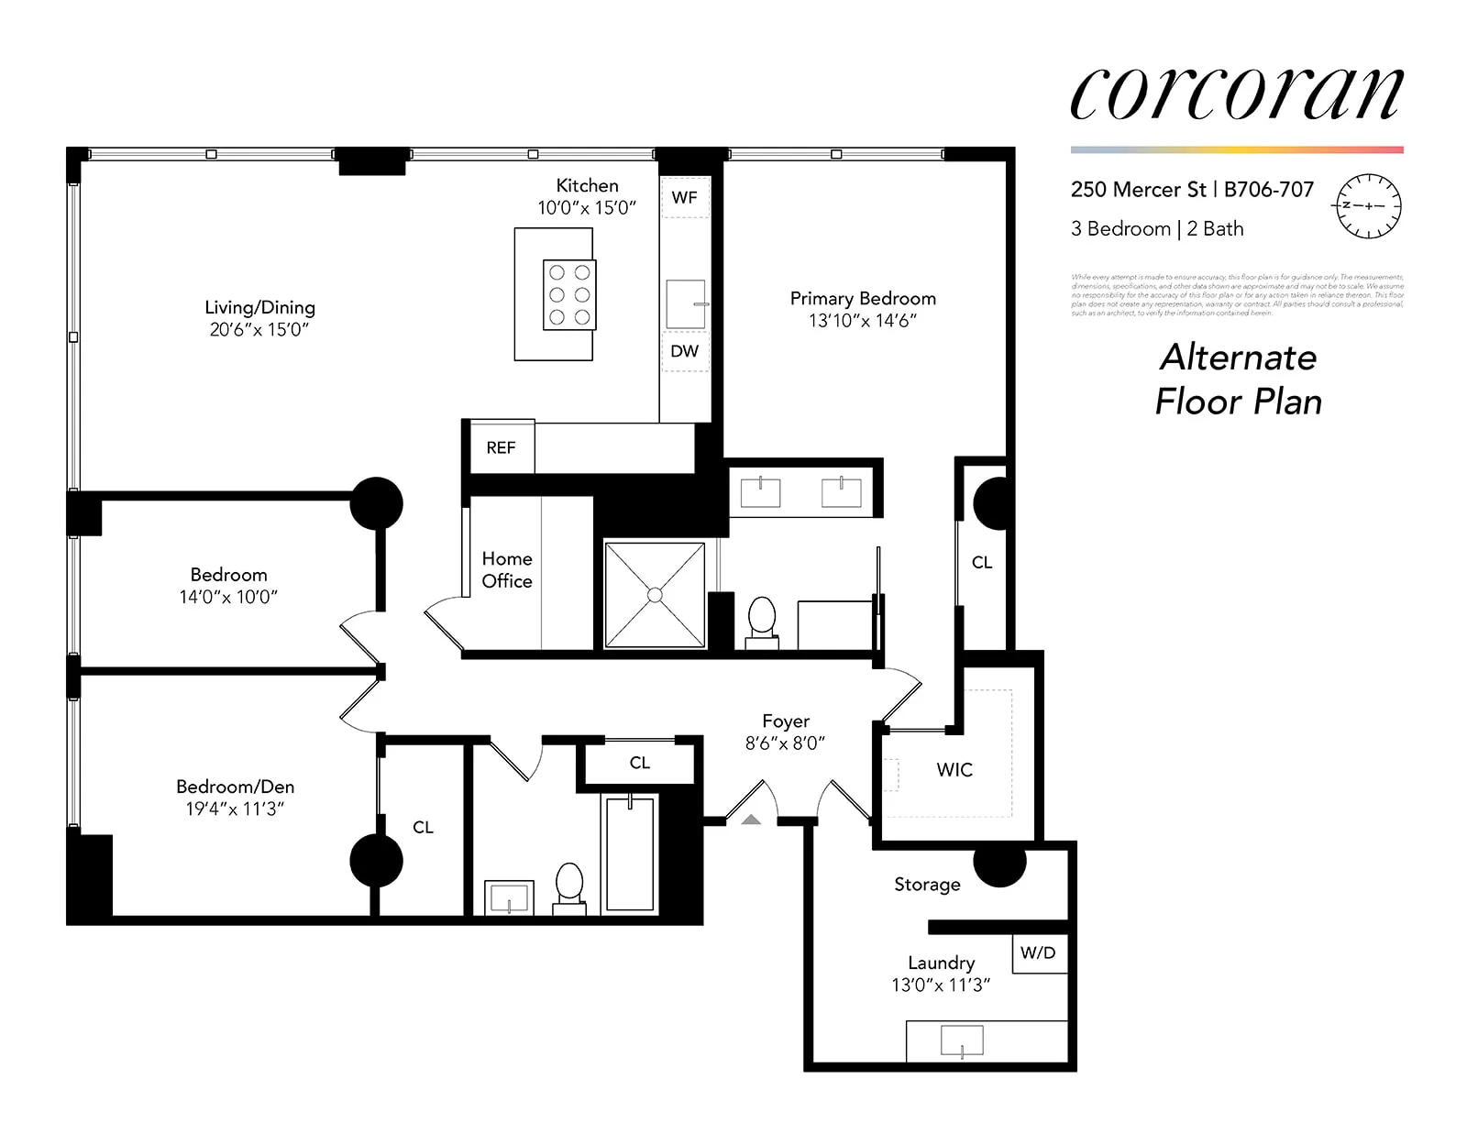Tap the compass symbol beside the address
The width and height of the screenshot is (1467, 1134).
(x=1368, y=205)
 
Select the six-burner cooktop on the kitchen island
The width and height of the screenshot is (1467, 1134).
(x=569, y=294)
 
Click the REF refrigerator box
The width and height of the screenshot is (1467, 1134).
(x=501, y=447)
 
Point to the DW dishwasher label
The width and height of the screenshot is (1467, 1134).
(x=684, y=351)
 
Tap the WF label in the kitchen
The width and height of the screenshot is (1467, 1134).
(x=684, y=197)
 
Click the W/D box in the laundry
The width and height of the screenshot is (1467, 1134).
(x=1038, y=953)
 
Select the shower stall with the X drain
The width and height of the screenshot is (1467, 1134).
(x=655, y=595)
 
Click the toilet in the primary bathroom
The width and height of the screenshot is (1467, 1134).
(x=762, y=621)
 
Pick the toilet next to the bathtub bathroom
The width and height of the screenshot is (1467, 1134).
(x=569, y=886)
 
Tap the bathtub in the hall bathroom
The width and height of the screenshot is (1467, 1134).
(x=631, y=853)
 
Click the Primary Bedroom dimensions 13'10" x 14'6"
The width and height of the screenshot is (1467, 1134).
(x=862, y=321)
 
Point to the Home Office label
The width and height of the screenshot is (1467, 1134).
(x=507, y=569)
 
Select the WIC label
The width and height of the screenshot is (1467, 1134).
(x=954, y=770)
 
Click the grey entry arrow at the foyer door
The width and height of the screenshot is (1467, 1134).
(x=751, y=820)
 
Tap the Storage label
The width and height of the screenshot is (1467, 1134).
(x=927, y=885)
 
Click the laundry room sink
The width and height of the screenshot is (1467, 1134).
(x=962, y=1040)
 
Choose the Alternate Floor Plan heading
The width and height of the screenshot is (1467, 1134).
(x=1238, y=379)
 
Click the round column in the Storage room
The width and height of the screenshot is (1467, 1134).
(x=999, y=864)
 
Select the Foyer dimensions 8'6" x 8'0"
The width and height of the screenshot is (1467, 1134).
(x=785, y=743)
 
